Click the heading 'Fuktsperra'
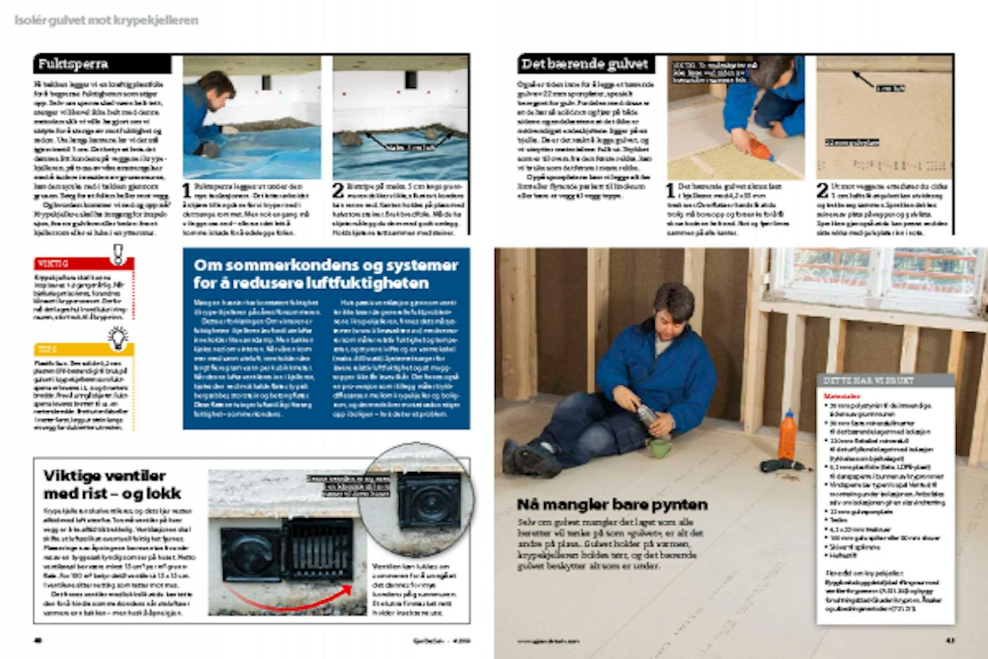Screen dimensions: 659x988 pyautogui.click(x=73, y=64)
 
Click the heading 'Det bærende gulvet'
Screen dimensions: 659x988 pyautogui.click(x=585, y=64)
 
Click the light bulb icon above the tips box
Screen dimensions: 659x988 pyautogui.click(x=118, y=337)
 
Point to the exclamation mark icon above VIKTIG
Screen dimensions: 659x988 pyautogui.click(x=118, y=253)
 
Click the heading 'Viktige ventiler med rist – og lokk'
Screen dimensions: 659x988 pyautogui.click(x=112, y=484)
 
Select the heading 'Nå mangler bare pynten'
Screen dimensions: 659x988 pyautogui.click(x=612, y=505)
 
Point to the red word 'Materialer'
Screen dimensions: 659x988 pyautogui.click(x=840, y=397)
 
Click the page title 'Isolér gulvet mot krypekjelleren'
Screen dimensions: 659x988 pyautogui.click(x=106, y=20)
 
